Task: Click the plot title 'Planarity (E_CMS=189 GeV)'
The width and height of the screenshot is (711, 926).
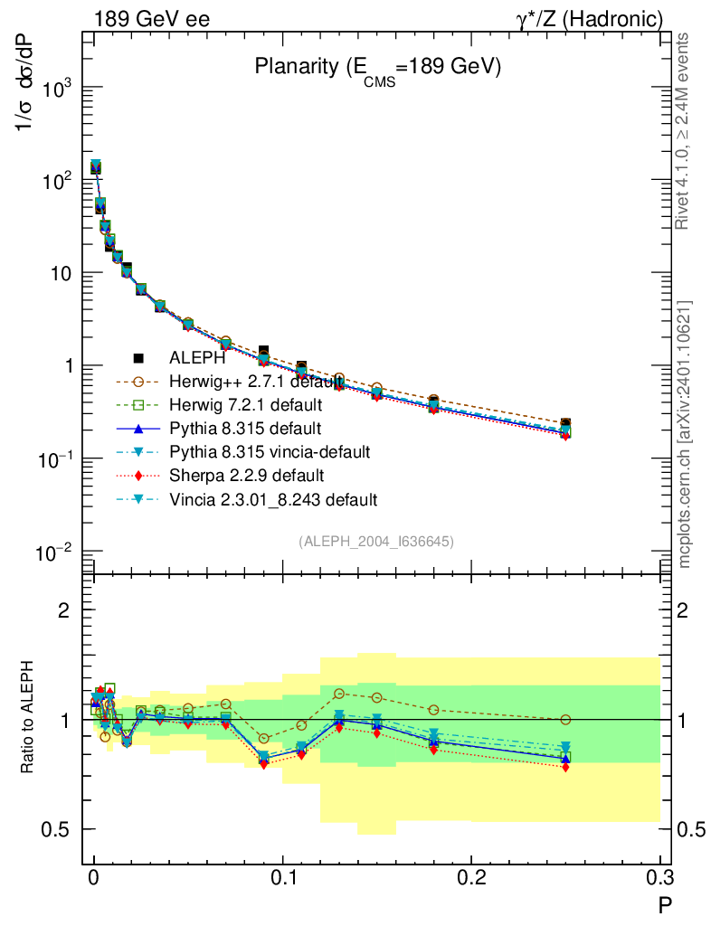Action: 377,68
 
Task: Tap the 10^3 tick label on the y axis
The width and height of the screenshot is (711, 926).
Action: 56,90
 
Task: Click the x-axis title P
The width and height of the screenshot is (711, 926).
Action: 664,902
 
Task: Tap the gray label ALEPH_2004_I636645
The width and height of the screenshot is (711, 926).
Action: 375,541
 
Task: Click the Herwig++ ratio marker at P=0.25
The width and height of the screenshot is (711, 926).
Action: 565,720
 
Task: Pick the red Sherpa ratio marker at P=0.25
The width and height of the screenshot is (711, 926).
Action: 565,767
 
